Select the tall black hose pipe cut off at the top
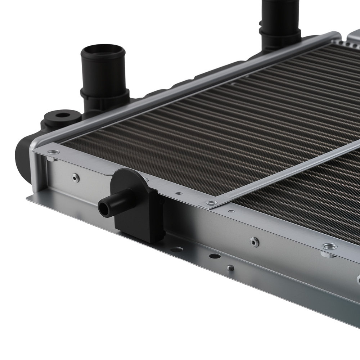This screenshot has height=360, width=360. click(x=280, y=14)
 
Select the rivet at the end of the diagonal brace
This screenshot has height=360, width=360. click(x=212, y=203)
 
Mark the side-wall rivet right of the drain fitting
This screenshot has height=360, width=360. click(x=255, y=242)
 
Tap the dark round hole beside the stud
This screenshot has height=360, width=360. click(x=215, y=256)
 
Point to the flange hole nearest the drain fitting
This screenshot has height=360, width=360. click(x=176, y=249)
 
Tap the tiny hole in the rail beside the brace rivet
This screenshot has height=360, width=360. click(x=231, y=211)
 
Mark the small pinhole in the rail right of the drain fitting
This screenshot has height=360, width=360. click(x=179, y=193)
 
